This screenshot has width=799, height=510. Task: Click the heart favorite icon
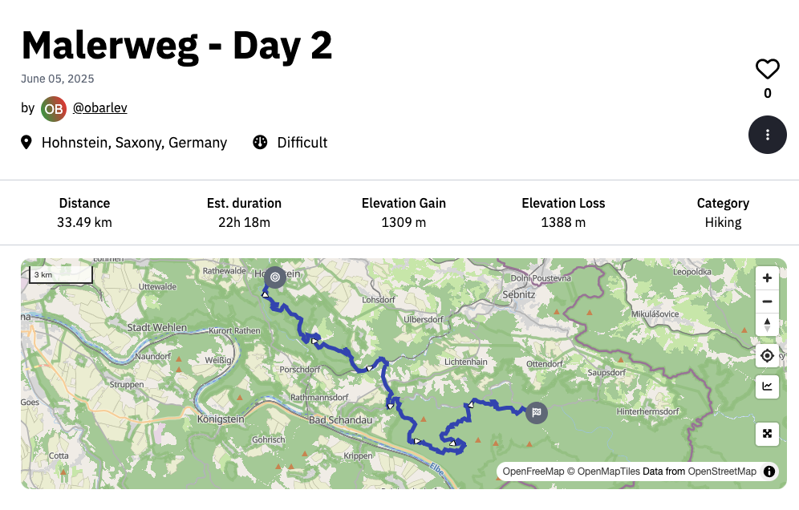[768, 70]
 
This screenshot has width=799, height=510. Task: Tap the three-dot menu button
[768, 134]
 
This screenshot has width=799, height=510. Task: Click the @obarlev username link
[100, 107]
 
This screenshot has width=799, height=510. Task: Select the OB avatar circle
[54, 108]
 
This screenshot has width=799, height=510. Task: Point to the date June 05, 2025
[58, 79]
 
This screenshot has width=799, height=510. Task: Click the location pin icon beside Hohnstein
[26, 143]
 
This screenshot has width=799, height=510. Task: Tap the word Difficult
[302, 143]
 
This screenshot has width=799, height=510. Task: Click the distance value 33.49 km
[84, 222]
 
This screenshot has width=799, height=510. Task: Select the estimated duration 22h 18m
[244, 222]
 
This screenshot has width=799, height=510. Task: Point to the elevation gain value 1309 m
[404, 222]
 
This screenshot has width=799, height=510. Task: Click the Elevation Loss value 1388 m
[563, 222]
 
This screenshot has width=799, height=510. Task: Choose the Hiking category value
[723, 222]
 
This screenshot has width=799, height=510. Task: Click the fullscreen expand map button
[768, 434]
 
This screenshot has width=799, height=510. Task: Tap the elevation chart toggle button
[768, 387]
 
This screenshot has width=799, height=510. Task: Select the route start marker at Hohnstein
[275, 277]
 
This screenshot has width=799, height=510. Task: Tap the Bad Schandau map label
[341, 420]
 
